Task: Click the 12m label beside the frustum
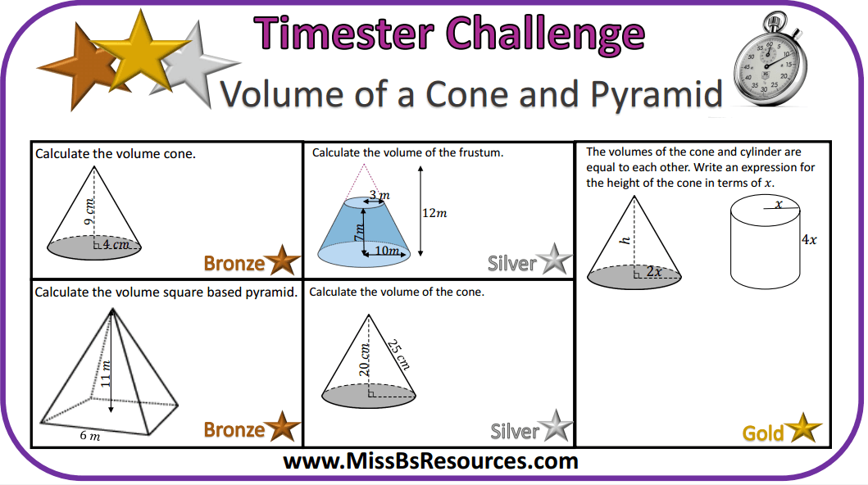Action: [x=434, y=213]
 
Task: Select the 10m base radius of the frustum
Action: [x=388, y=252]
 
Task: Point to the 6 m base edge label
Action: [x=90, y=436]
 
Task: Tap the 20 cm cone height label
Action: [x=366, y=360]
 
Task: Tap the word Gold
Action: [x=763, y=433]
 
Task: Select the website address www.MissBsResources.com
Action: [x=431, y=461]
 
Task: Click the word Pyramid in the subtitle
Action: [x=651, y=94]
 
